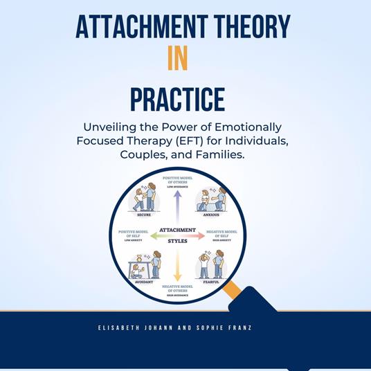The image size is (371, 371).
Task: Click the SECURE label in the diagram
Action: [x=144, y=215]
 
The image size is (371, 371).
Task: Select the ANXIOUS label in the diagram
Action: [x=211, y=215]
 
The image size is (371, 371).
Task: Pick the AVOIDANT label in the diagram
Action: [x=144, y=282]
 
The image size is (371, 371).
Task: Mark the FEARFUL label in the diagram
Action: [x=211, y=282]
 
